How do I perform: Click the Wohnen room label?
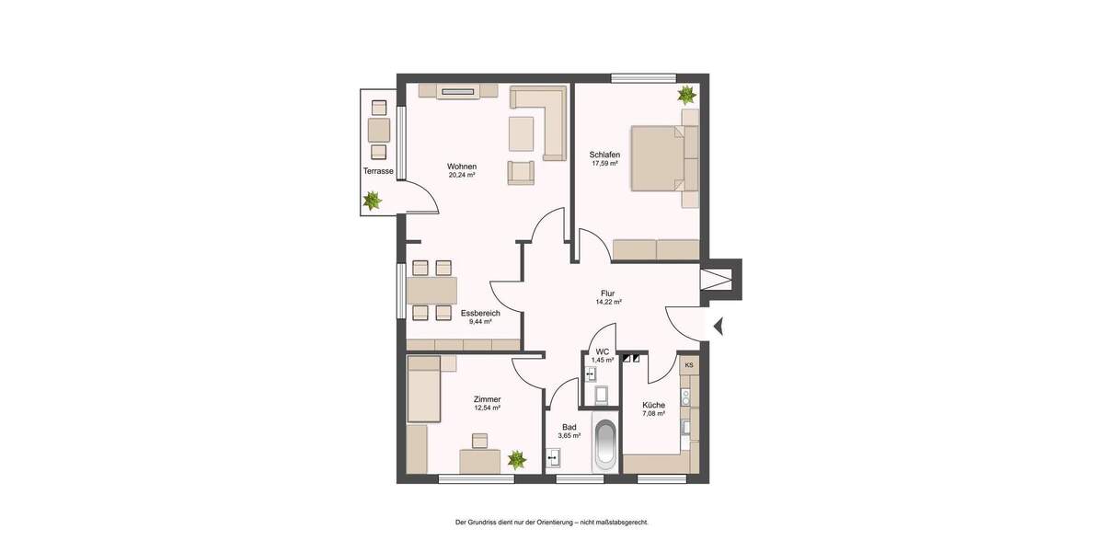(x=462, y=167)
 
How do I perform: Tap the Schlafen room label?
(x=604, y=155)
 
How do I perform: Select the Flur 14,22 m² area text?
(x=608, y=302)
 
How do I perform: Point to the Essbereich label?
(x=480, y=313)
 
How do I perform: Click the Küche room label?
(x=653, y=405)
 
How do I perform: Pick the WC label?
(x=603, y=351)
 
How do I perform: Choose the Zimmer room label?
(x=487, y=399)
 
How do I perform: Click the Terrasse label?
(x=378, y=171)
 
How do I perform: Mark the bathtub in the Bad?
(x=604, y=445)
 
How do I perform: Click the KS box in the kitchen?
(x=689, y=365)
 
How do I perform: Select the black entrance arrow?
(x=719, y=324)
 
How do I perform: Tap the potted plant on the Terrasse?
(x=373, y=200)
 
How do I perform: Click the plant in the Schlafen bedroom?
(x=685, y=95)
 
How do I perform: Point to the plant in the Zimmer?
(x=517, y=458)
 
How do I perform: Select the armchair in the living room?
(x=521, y=172)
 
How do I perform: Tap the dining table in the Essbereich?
(x=432, y=291)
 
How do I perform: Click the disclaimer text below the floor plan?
(x=552, y=523)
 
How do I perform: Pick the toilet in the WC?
(x=602, y=395)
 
